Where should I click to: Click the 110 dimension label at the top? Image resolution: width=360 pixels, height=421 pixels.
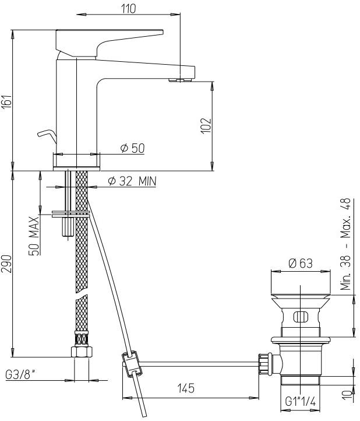click(129, 9)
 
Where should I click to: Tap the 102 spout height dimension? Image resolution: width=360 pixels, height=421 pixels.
click(206, 125)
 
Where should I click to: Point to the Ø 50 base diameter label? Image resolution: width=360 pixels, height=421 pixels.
click(132, 148)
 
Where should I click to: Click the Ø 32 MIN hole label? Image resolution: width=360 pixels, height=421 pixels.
click(132, 181)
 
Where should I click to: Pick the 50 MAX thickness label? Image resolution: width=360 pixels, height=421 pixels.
click(34, 236)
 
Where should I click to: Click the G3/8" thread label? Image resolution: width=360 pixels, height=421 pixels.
click(20, 375)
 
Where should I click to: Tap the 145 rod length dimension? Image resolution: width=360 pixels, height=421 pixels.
click(186, 388)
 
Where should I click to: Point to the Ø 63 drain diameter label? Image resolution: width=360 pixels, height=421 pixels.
click(301, 263)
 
